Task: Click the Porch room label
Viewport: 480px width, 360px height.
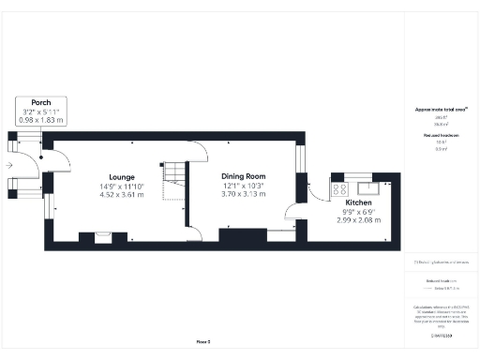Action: coord(40,102)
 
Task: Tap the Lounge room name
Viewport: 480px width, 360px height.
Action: coord(121,177)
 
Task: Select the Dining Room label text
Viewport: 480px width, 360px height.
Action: coord(243,176)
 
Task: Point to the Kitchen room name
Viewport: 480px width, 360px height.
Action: coord(359,202)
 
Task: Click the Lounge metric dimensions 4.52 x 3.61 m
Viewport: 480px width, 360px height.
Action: coord(121,195)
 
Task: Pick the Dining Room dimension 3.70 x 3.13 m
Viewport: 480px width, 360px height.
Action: coord(243,194)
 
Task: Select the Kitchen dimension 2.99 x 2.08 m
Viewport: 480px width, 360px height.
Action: coord(359,219)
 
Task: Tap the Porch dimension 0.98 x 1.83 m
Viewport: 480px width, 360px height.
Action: coord(40,120)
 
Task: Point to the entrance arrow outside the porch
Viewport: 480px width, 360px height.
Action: coord(8,163)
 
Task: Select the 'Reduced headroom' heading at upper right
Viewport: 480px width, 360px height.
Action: coord(440,136)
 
